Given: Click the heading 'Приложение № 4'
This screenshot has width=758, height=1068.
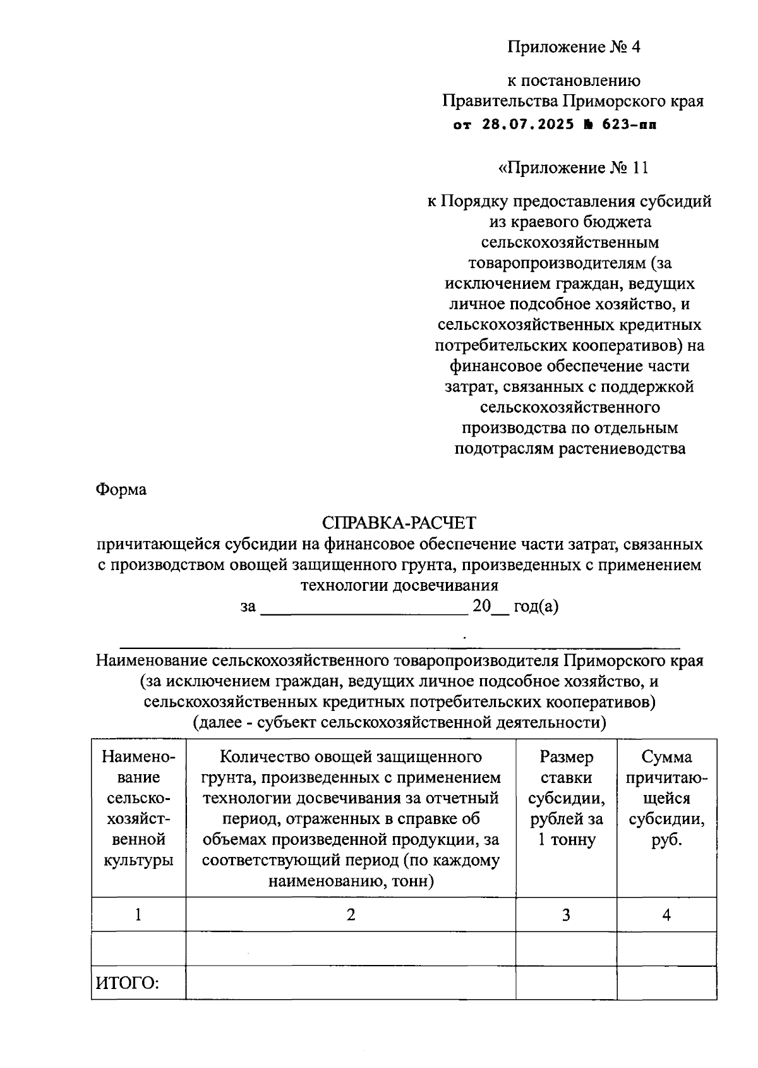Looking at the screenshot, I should (574, 47).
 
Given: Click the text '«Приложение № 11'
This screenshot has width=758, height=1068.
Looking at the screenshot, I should (573, 167).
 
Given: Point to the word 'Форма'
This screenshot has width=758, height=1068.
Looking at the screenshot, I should (121, 489).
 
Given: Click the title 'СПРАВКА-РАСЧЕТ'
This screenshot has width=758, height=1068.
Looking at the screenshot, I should (399, 523).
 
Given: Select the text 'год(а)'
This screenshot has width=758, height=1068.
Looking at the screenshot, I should (536, 606).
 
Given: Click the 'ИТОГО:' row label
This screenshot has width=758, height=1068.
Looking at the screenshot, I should (128, 983).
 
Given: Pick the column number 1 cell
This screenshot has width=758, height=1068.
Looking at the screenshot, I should (138, 914).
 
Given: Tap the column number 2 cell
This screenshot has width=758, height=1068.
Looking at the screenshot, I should (351, 914).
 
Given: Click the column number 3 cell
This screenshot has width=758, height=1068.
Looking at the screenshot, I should (566, 914).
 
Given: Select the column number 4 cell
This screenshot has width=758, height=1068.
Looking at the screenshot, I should (666, 914).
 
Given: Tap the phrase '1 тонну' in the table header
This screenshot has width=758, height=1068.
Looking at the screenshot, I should (566, 840).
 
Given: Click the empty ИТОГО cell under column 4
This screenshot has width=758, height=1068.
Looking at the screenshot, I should (666, 983).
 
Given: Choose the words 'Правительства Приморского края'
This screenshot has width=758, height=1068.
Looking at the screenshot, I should (573, 101).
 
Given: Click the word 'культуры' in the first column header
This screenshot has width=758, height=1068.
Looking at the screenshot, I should (138, 860).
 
